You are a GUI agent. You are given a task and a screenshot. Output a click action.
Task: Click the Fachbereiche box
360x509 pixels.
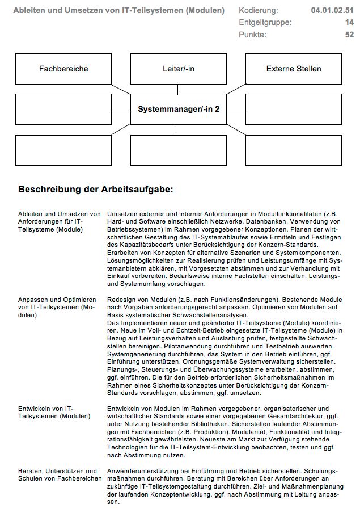[63, 69]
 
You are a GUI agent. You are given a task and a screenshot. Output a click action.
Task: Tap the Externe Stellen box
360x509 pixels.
[293, 69]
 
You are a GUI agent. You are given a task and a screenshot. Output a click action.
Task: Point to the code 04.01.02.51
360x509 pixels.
[332, 10]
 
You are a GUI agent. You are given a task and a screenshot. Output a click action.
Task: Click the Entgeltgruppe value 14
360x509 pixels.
[349, 22]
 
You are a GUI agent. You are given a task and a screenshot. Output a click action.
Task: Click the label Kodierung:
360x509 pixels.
[259, 10]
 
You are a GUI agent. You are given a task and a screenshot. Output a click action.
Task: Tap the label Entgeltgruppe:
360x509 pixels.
[265, 22]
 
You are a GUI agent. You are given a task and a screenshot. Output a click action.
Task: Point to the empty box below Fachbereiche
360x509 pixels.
[63, 109]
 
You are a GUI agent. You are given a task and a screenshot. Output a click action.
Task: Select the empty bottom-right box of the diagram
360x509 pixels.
[293, 150]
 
